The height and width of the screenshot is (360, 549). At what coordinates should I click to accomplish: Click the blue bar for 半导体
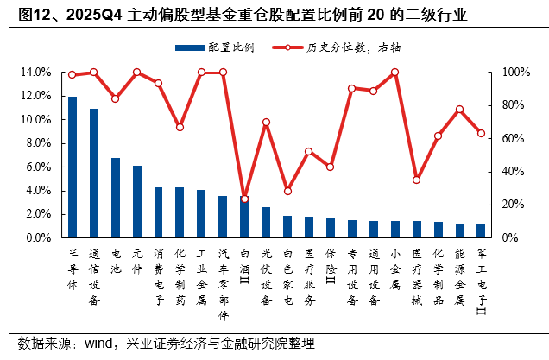click(73, 167)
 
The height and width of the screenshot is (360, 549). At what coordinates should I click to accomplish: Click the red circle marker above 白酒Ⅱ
click(244, 199)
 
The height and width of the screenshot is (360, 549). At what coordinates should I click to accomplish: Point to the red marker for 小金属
click(394, 73)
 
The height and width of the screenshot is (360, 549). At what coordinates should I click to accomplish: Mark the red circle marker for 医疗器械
click(416, 180)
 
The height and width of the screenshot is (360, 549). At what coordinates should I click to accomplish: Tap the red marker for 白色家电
click(287, 191)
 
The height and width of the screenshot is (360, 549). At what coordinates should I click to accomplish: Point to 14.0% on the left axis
click(39, 73)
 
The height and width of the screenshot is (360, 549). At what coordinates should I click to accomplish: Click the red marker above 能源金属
click(459, 110)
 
